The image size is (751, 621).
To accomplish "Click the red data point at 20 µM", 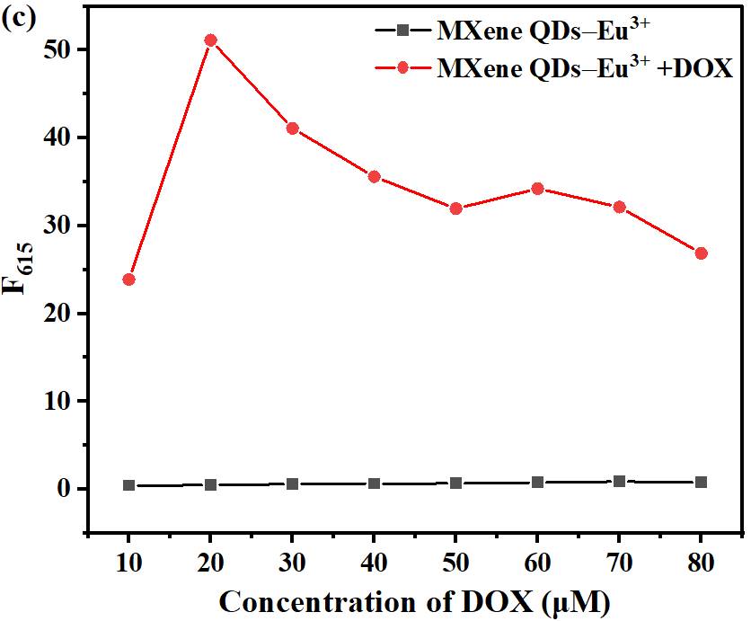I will pos(210,40).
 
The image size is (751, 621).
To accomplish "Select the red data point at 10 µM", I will pos(128,279).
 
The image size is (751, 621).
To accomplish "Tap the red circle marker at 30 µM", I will pos(292,129).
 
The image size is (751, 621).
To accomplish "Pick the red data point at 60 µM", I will pos(537,189).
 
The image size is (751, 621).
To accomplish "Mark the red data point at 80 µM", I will pos(701,253).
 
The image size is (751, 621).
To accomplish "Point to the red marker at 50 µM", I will pos(455,208).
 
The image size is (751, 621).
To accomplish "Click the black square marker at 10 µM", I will pos(128,485).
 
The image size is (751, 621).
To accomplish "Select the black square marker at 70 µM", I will pos(619,482).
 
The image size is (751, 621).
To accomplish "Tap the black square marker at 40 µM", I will pos(374,483).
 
